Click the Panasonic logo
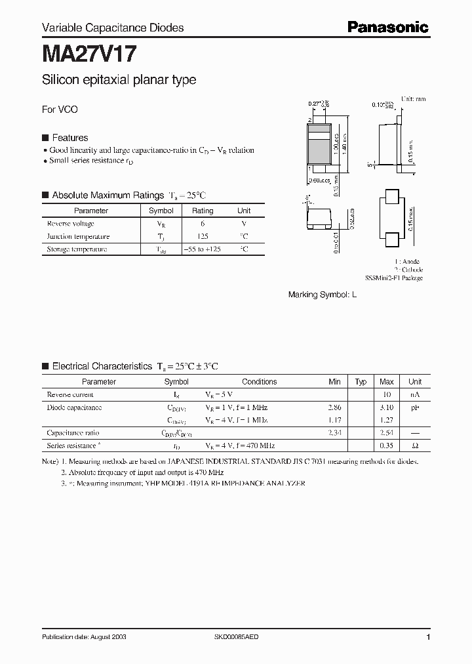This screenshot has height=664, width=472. (387, 27)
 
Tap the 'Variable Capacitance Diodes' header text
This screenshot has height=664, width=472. (113, 28)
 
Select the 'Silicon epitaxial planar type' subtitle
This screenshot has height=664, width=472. (119, 80)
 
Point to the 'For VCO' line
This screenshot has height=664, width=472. (60, 110)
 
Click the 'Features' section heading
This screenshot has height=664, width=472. (69, 138)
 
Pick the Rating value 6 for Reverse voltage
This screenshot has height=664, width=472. (202, 224)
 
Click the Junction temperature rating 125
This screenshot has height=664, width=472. (202, 236)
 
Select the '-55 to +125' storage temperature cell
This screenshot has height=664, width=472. (202, 249)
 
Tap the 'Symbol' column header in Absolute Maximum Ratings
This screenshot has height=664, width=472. (161, 211)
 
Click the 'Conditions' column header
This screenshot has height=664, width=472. (259, 381)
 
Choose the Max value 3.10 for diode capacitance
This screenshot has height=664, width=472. (386, 407)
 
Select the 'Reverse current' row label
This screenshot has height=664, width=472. (70, 394)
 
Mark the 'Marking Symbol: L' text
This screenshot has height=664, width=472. (323, 295)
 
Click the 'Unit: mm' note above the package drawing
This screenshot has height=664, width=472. (413, 98)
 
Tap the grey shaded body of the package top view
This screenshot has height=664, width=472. (319, 150)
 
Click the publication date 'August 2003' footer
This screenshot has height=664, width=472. (85, 637)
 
